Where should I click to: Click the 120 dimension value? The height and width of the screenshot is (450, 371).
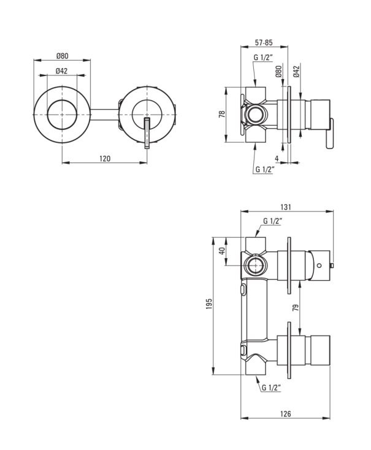point(105,158)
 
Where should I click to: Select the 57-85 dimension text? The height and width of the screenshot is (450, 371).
point(264,43)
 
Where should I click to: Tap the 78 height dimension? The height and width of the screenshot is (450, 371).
point(222,114)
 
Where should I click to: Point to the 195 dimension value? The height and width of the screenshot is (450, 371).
point(208,303)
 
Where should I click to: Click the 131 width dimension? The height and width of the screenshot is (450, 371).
point(286,207)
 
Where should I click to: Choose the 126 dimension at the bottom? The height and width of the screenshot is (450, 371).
point(285,414)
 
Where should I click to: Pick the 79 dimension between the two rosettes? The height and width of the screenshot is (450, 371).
point(296,307)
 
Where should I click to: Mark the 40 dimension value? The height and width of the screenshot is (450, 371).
point(222,251)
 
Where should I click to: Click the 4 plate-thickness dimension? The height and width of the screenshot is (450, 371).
point(277,158)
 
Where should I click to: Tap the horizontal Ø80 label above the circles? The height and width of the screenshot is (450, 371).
point(63,56)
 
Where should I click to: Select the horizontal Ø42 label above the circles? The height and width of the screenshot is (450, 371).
point(62,71)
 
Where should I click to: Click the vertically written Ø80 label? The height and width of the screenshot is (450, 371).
point(278,71)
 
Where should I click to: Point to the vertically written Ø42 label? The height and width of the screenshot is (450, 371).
point(297,71)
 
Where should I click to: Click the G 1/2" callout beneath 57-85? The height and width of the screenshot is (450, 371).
point(263,58)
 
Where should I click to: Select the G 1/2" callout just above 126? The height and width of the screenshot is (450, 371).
point(272,387)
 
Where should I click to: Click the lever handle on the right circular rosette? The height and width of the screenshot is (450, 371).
point(147,133)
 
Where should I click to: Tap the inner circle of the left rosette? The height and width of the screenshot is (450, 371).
point(62,115)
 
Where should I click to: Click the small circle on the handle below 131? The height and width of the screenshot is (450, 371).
point(319,265)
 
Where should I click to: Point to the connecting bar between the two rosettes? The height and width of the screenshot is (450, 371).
point(104,115)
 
